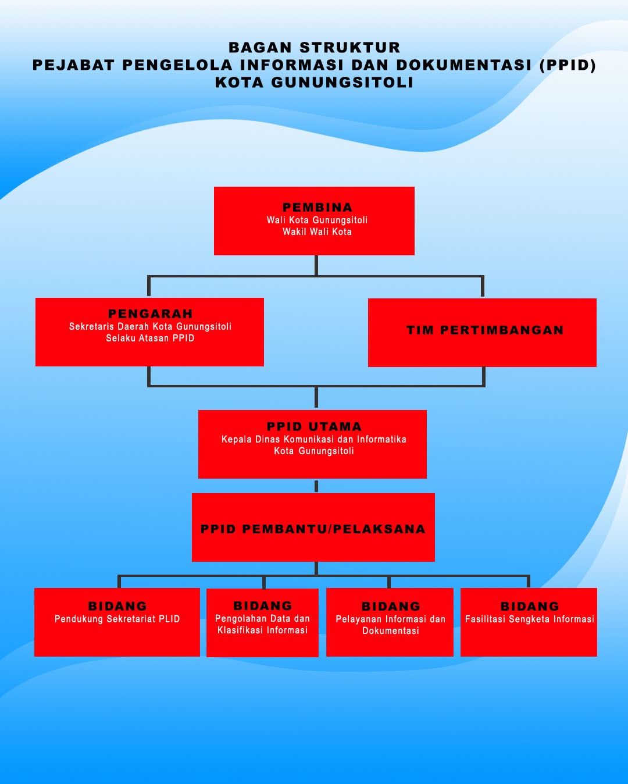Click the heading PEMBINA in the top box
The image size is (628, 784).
pyautogui.click(x=317, y=207)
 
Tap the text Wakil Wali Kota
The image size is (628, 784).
pyautogui.click(x=317, y=231)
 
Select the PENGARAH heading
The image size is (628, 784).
pyautogui.click(x=150, y=313)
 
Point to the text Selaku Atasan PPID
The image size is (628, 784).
pyautogui.click(x=150, y=338)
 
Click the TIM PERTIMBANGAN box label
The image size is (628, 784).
pyautogui.click(x=485, y=330)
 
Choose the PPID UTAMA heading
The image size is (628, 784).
pyautogui.click(x=314, y=426)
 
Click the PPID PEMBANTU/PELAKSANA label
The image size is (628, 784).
pyautogui.click(x=313, y=529)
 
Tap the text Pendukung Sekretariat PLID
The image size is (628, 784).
pyautogui.click(x=117, y=619)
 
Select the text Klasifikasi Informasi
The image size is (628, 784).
pyautogui.click(x=263, y=630)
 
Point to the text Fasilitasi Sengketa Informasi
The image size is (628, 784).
pyautogui.click(x=530, y=619)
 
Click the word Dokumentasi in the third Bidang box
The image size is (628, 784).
pyautogui.click(x=391, y=630)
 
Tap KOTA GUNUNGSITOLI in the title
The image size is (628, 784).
pyautogui.click(x=314, y=83)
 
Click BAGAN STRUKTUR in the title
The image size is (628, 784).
pyautogui.click(x=314, y=48)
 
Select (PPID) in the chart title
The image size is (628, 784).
pyautogui.click(x=568, y=65)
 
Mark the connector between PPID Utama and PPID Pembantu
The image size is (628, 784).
pyautogui.click(x=316, y=486)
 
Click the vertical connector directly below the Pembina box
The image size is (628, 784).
pyautogui.click(x=316, y=265)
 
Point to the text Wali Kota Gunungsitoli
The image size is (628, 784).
pyautogui.click(x=317, y=220)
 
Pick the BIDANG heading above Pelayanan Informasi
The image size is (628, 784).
pyautogui.click(x=391, y=606)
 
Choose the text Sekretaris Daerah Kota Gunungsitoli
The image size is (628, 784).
pyautogui.click(x=150, y=326)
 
